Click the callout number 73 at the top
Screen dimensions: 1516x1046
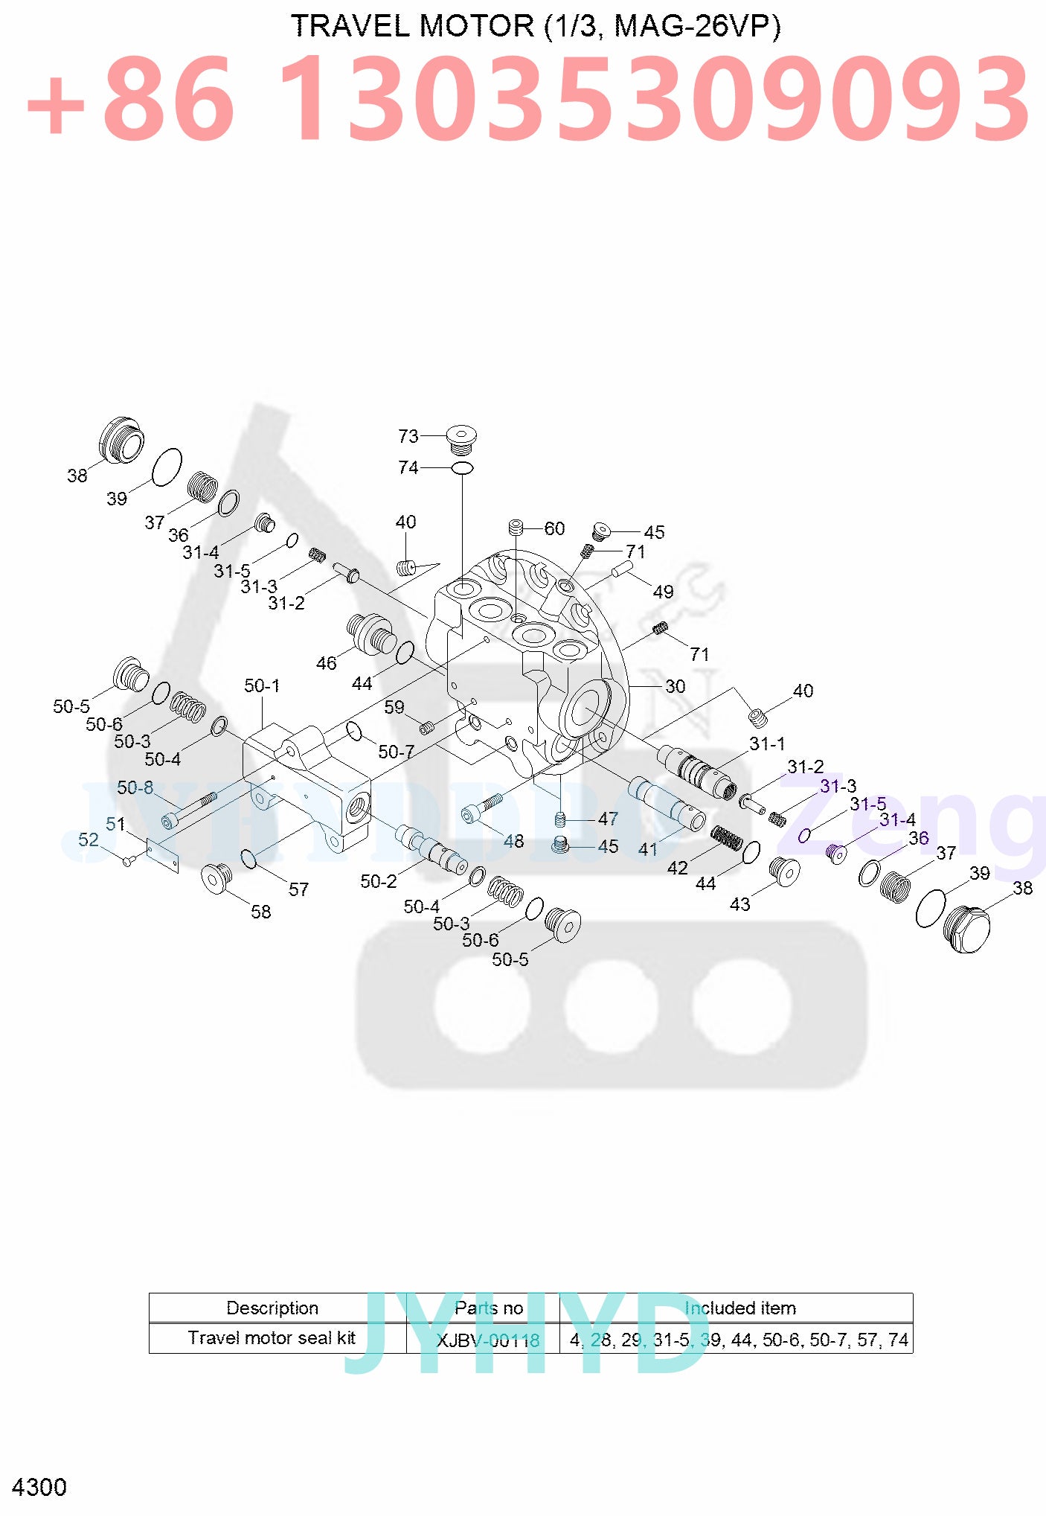[408, 436]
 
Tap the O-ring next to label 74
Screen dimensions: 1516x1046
[463, 467]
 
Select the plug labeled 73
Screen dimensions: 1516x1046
[461, 438]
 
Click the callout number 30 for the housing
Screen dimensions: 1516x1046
[675, 686]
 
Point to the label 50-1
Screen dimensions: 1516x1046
[262, 685]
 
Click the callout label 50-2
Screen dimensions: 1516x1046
[379, 881]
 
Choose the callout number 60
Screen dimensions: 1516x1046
[554, 528]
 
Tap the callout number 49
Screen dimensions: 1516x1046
[663, 592]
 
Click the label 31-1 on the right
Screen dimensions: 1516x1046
[767, 743]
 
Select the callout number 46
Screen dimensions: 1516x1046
[327, 663]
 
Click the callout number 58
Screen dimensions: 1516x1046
[260, 912]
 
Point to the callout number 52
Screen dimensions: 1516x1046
[89, 839]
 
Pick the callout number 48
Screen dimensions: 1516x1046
[513, 841]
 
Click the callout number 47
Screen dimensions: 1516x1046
[608, 819]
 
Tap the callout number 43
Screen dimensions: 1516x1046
[739, 904]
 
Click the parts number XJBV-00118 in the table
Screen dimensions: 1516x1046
[488, 1340]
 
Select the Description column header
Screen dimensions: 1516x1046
[272, 1308]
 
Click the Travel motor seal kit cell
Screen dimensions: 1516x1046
[272, 1338]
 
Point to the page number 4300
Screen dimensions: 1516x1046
[39, 1487]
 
